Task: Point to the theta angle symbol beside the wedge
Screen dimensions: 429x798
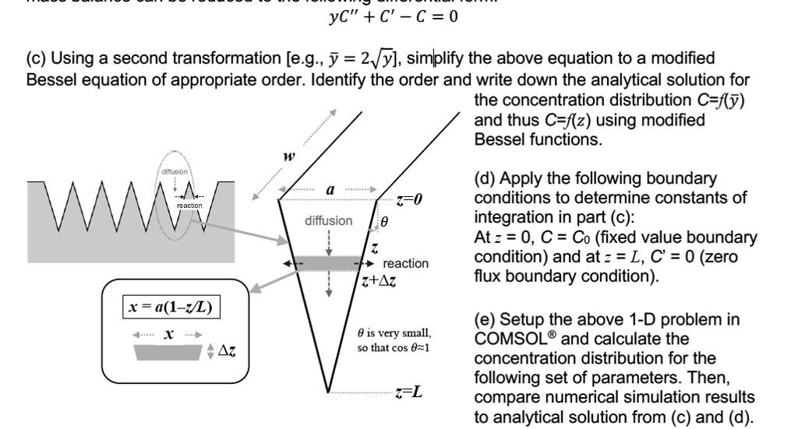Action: (383, 222)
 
